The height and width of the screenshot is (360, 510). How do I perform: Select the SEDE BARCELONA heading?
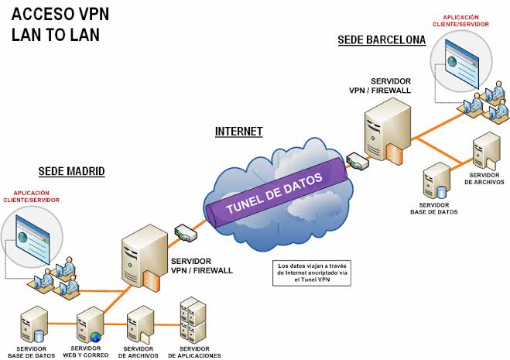coord(382,39)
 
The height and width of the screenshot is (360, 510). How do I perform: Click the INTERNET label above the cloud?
coord(238,132)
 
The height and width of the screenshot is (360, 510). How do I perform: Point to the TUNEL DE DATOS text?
coord(275,192)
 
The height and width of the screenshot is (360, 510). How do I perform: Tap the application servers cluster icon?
coord(193,319)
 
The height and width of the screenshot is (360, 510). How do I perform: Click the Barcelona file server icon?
coord(485,152)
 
